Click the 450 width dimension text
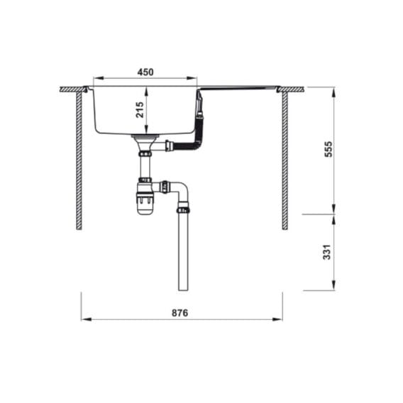tap(145, 72)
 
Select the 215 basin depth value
tap(140, 109)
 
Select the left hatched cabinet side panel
tap(80, 160)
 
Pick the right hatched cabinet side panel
tap(285, 160)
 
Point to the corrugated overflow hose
tap(188, 146)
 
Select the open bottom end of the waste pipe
tap(183, 288)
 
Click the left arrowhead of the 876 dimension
tap(85, 319)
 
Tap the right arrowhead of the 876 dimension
tap(278, 319)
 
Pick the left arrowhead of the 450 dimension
tap(98, 79)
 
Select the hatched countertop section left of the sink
tap(72, 89)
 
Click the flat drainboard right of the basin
tap(238, 89)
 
